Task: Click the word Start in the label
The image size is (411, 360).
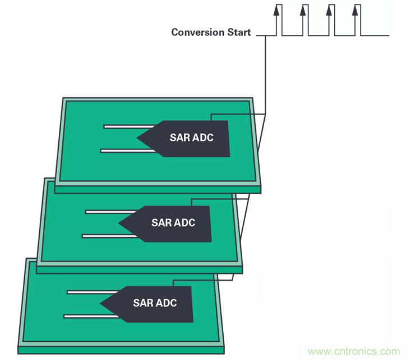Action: click(x=238, y=32)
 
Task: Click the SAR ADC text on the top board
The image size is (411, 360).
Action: click(x=191, y=137)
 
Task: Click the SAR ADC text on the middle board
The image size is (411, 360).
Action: click(x=173, y=223)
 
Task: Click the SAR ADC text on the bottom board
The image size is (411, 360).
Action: click(x=154, y=303)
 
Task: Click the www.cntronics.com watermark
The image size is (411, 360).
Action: click(x=354, y=352)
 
